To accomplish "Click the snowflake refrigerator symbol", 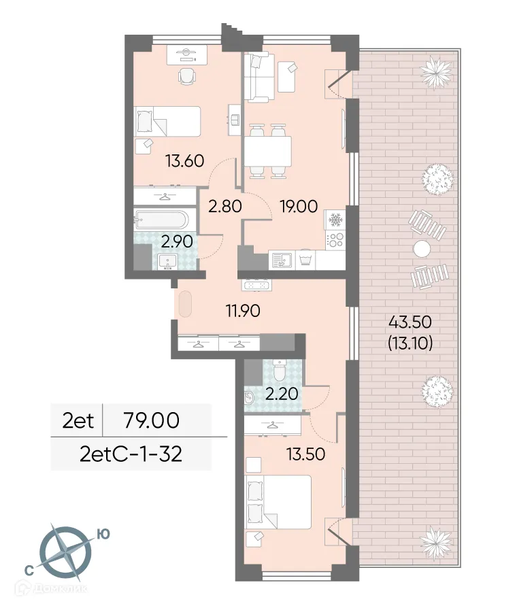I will (335, 220).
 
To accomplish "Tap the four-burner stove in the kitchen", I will (335, 239).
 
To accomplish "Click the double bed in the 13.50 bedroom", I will (279, 502).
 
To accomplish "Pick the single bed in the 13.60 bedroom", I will (168, 122).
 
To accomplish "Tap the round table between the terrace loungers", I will (422, 248).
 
